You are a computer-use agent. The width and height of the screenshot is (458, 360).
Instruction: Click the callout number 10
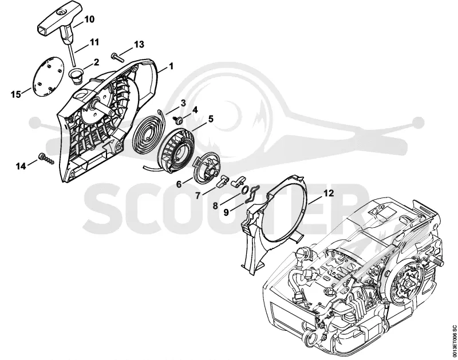[89, 19]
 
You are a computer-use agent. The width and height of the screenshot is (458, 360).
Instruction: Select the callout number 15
[16, 94]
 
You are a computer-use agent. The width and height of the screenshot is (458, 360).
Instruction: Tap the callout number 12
[328, 193]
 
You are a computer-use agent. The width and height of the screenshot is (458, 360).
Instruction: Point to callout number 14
[21, 167]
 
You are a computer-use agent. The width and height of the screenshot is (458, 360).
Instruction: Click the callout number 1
[171, 66]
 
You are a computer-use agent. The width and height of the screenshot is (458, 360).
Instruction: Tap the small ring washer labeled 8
[245, 190]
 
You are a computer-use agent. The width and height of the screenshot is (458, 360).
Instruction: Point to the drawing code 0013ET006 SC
[454, 339]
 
